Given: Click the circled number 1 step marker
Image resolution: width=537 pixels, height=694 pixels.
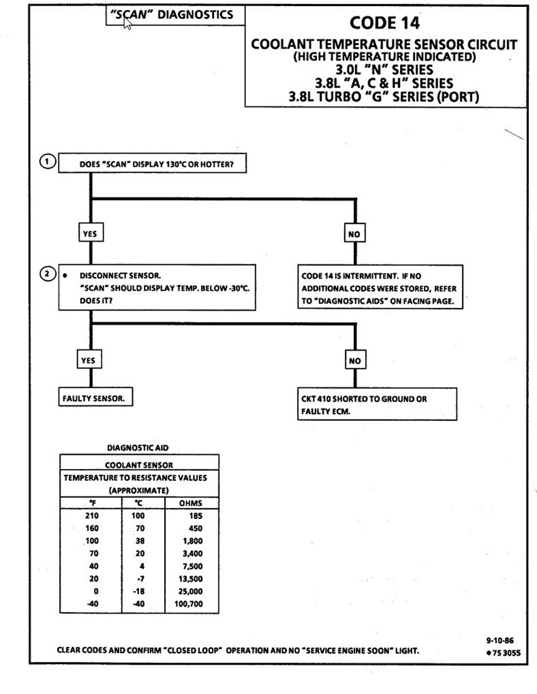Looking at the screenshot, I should (x=46, y=161).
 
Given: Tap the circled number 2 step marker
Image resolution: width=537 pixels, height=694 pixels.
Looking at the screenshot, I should (x=46, y=274).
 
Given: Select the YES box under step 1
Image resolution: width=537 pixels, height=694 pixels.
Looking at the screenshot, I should (x=89, y=234).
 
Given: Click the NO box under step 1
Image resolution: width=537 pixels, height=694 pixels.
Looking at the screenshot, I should (x=354, y=234).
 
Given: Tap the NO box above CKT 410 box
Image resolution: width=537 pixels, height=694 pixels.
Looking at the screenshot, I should (x=354, y=360).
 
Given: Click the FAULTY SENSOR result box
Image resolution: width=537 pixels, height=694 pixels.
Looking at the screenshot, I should (x=94, y=398).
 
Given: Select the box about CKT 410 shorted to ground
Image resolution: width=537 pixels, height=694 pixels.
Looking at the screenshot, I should (x=377, y=405).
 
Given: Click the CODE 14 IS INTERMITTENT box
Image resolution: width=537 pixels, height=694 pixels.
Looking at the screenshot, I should (x=380, y=288).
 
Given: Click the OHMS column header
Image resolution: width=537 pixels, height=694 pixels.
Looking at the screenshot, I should (x=191, y=503).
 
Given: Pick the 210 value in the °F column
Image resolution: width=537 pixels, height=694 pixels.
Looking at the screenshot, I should (x=91, y=516).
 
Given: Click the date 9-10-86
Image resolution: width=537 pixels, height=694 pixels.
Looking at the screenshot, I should (x=500, y=641).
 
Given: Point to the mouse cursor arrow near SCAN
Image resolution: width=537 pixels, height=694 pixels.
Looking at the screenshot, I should (x=127, y=20).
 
